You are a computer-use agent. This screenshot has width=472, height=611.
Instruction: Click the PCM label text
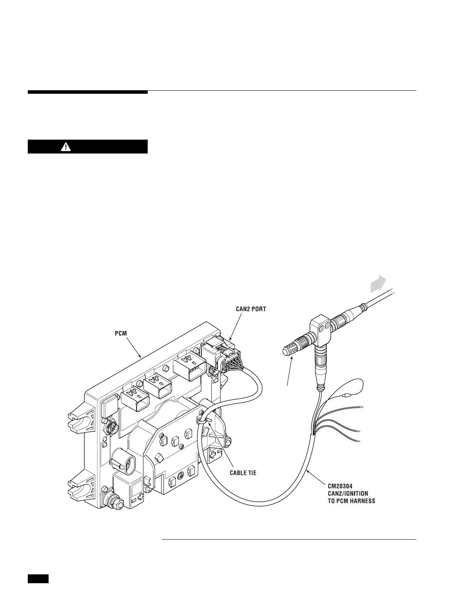click(121, 333)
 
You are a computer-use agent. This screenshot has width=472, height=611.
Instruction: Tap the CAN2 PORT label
click(251, 309)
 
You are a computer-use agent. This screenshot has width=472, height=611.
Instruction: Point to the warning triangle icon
click(67, 147)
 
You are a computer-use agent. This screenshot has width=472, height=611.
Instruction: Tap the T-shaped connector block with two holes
click(320, 328)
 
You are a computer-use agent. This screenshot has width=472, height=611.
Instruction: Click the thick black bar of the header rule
click(88, 92)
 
